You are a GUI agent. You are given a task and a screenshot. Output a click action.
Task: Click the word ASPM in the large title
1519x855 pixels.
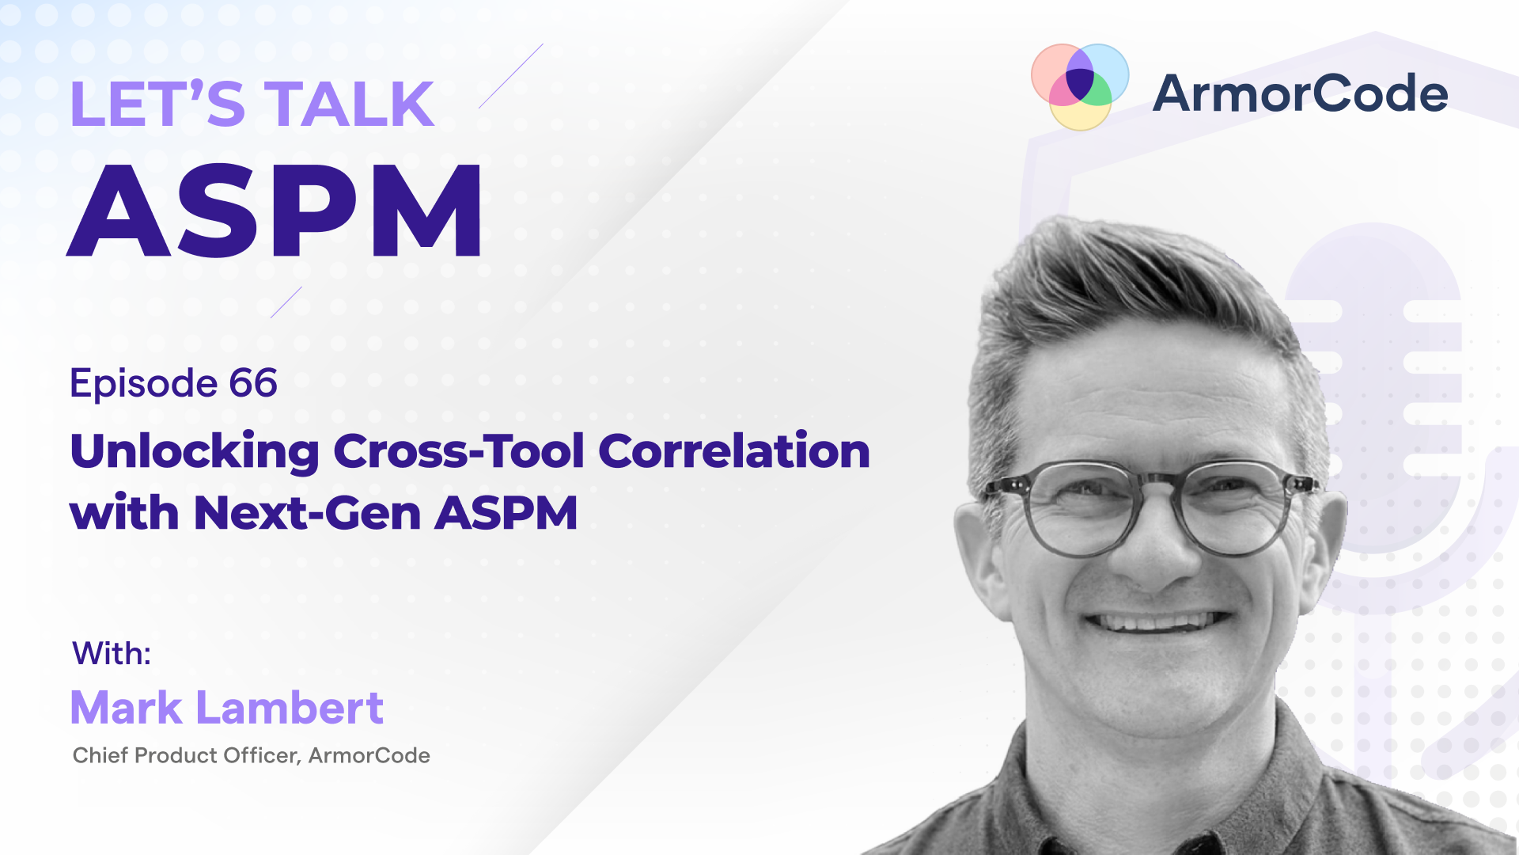275,211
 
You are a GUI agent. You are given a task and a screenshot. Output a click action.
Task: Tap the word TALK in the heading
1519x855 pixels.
349,104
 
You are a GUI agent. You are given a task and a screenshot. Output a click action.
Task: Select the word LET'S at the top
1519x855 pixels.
157,104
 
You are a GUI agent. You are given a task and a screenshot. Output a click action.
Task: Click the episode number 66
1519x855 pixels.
253,383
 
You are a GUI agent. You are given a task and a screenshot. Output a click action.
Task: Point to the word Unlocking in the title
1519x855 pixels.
195,451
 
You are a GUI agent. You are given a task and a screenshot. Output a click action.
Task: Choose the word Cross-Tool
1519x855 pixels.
459,451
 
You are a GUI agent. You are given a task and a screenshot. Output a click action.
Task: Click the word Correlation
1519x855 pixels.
734,451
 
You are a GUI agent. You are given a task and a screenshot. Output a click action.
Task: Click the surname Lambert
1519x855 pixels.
290,707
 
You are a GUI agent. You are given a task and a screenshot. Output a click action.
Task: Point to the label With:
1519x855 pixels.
112,654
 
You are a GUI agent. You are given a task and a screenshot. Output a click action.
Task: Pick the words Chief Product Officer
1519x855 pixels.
187,756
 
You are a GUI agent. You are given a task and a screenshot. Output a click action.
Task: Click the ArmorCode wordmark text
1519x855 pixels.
1300,93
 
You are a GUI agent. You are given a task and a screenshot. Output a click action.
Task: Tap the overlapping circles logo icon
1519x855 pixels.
1080,85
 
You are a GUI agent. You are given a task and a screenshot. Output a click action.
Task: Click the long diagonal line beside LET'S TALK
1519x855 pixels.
511,76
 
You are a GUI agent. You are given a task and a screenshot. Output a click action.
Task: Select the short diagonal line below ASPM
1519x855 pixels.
286,302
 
